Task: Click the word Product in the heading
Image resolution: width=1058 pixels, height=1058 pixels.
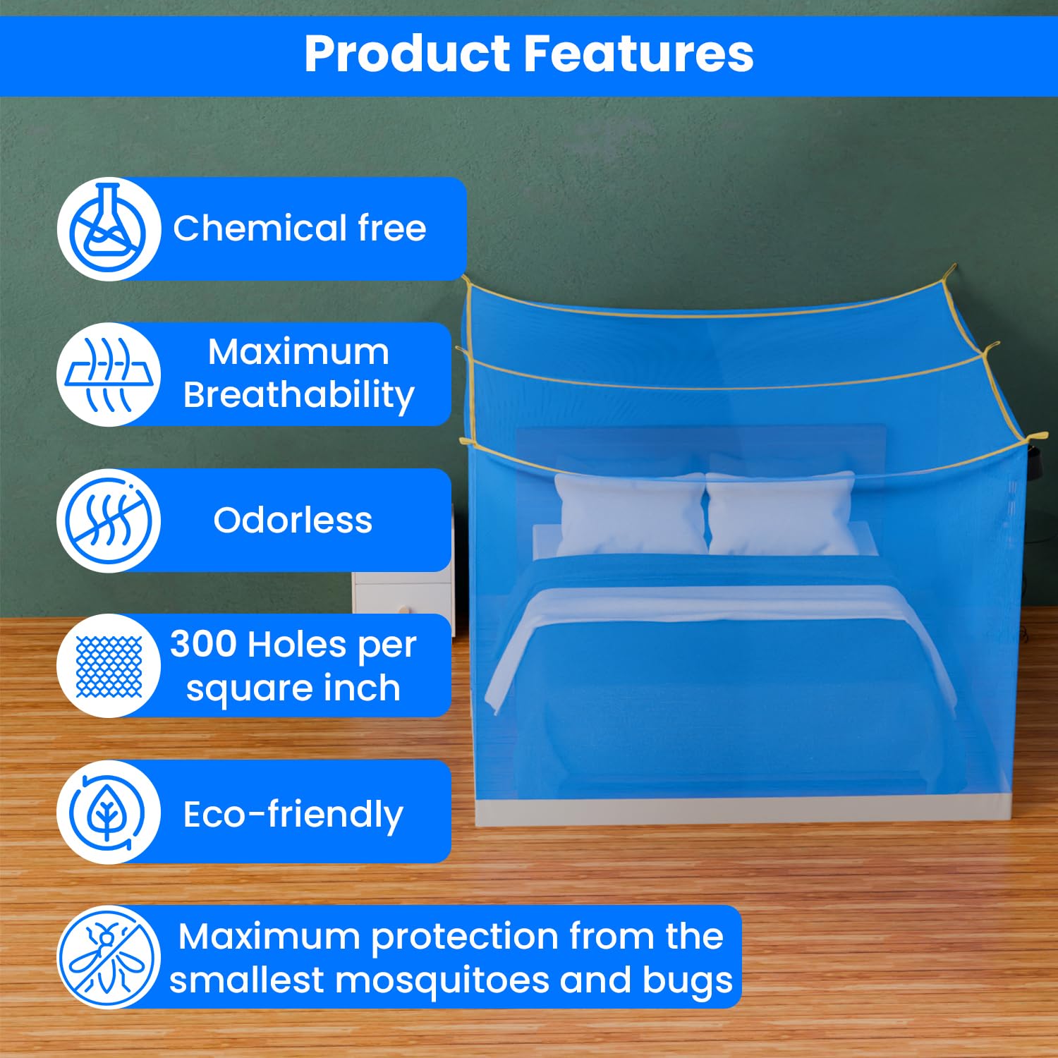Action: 407,54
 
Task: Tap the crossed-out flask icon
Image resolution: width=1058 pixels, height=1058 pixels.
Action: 109,229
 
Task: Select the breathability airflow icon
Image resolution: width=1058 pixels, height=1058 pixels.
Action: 109,375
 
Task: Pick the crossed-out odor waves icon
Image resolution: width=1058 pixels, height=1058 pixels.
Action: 109,521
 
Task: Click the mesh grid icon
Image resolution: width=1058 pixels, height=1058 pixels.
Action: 109,667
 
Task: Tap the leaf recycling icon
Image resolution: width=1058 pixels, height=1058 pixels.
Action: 109,813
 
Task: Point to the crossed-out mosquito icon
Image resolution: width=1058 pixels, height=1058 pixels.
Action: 109,958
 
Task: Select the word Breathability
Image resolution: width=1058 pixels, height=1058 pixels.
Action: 298,396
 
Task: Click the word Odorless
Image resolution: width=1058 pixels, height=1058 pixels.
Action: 293,521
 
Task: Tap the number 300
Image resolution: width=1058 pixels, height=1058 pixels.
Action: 203,645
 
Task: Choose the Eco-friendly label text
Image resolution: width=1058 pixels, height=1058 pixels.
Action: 293,815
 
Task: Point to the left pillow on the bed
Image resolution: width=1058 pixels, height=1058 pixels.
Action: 630,513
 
